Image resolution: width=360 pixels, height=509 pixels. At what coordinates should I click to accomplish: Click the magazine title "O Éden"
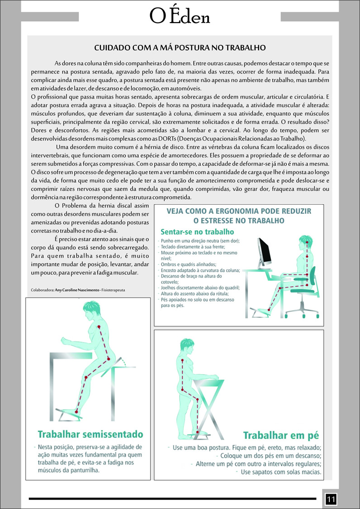pos(180,16)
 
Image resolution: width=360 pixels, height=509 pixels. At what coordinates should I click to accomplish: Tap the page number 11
pos(331,499)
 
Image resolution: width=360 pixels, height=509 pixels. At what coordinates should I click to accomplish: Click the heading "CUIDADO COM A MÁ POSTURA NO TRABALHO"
pos(180,48)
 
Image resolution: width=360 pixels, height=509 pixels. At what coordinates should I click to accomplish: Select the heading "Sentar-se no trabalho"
pos(197,232)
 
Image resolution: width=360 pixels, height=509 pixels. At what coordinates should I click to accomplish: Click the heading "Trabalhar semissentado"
pos(90,434)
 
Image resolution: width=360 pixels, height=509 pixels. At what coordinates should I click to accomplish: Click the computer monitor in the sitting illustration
pos(265,253)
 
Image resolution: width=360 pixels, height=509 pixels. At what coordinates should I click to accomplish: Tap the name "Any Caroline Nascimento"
pos(77,290)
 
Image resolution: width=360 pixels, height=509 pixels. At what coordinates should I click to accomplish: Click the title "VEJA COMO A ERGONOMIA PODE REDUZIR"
pos(239,211)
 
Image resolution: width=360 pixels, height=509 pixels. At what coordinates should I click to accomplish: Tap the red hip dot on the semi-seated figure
pos(109,359)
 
